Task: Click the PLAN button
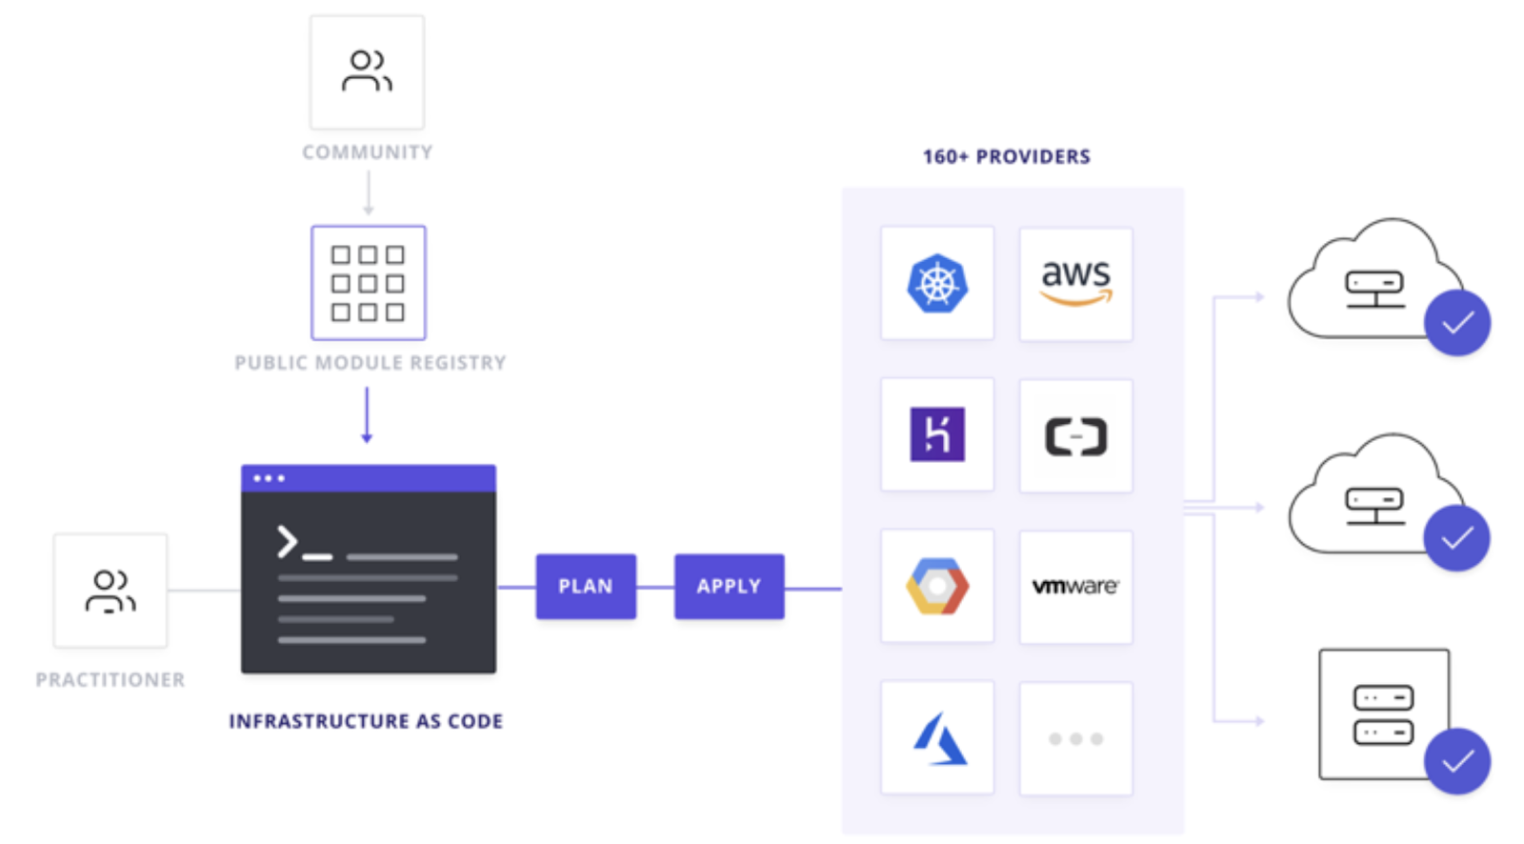point(585,587)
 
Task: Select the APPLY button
point(729,587)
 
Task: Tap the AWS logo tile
point(1075,284)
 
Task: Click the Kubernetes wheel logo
point(937,284)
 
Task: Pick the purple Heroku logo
point(937,434)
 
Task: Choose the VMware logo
point(1075,586)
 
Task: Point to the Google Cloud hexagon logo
point(937,586)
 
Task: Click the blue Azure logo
point(939,738)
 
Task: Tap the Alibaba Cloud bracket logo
point(1075,436)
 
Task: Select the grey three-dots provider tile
point(1075,738)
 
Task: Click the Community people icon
point(367,71)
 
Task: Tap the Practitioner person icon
point(110,591)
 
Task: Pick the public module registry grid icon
point(368,283)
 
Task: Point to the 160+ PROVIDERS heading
point(1006,157)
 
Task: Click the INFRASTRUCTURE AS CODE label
point(366,721)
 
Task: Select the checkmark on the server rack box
point(1457,761)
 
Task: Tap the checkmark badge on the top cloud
point(1457,323)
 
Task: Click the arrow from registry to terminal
point(367,414)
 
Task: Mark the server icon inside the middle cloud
point(1374,506)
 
